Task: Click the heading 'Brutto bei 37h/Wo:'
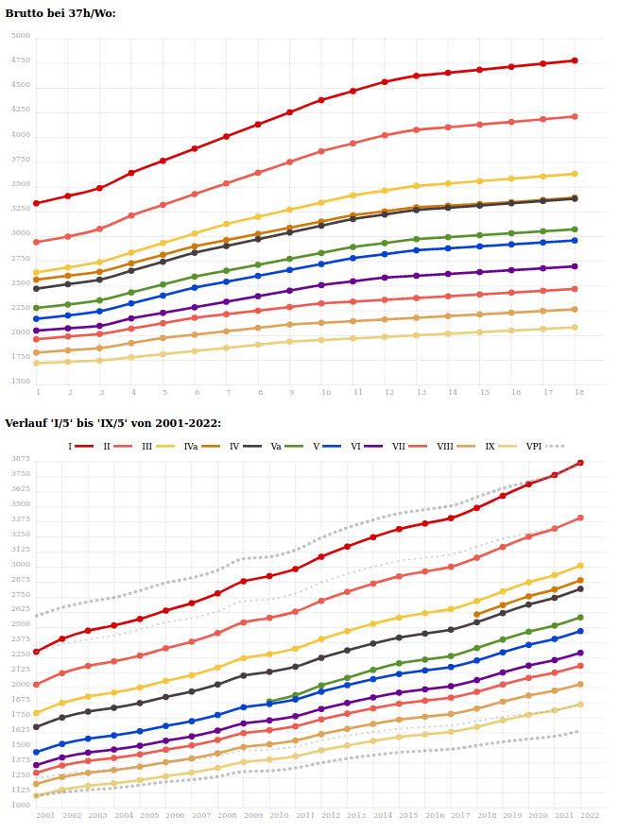[x=60, y=13]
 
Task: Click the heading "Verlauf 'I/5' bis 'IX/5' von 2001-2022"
[x=112, y=422]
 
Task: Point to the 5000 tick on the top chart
[x=20, y=36]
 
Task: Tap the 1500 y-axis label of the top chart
[x=20, y=382]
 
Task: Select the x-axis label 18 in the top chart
[x=577, y=392]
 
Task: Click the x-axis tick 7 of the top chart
[x=227, y=392]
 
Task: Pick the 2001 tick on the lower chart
[x=44, y=814]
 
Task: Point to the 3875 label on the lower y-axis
[x=20, y=459]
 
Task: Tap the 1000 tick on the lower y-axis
[x=20, y=806]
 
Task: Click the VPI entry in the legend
[x=534, y=446]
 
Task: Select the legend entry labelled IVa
[x=190, y=446]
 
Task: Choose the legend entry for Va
[x=276, y=446]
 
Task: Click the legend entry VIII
[x=445, y=446]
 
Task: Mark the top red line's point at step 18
[x=575, y=60]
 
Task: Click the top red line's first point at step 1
[x=36, y=203]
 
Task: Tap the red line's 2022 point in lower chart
[x=580, y=463]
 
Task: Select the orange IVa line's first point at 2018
[x=476, y=614]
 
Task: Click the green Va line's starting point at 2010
[x=270, y=701]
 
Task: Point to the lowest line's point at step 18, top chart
[x=575, y=328]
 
